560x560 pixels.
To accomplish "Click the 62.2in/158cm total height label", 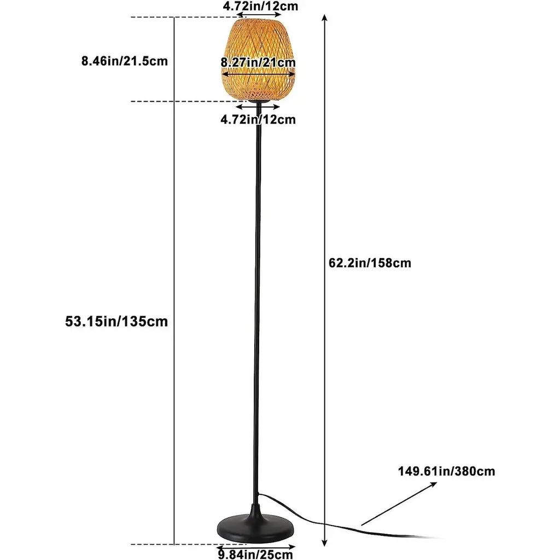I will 370,263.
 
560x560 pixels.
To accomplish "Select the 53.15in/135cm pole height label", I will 116,322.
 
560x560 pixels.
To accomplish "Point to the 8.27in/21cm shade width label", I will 258,62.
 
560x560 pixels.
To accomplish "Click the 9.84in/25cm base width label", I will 256,555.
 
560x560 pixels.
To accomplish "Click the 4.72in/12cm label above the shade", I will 260,7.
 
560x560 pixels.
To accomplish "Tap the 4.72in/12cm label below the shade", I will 258,119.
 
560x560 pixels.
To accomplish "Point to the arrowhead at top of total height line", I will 325,18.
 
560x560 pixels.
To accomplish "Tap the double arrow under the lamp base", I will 256,546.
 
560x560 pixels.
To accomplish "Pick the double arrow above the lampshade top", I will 258,16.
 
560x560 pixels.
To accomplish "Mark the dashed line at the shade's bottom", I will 180,101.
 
